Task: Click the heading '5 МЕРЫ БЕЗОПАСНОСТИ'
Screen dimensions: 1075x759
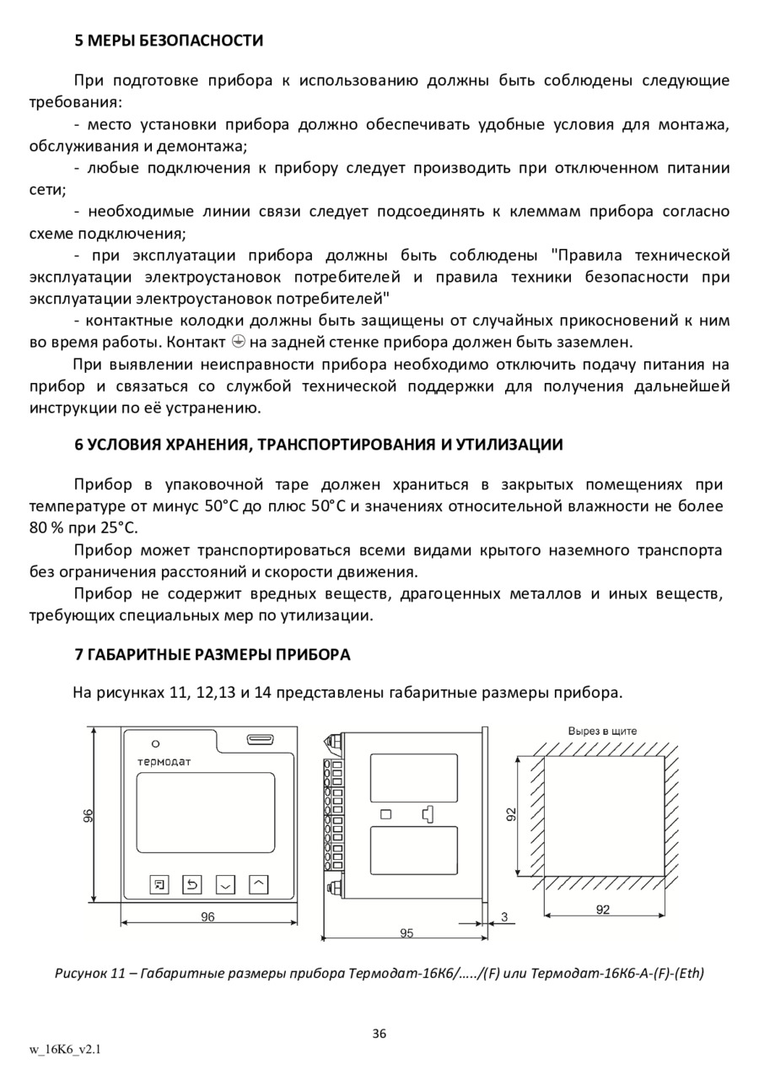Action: click(x=169, y=41)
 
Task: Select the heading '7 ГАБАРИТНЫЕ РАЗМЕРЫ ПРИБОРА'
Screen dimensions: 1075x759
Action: click(x=212, y=655)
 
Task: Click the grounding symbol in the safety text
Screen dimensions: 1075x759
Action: click(x=238, y=343)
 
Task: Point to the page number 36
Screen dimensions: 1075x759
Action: click(x=379, y=1034)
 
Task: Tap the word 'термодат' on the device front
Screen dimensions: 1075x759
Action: click(x=164, y=761)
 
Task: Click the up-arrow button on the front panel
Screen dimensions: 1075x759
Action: click(x=259, y=884)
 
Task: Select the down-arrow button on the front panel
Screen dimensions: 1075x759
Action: click(x=225, y=884)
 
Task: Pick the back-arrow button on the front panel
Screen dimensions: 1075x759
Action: click(x=192, y=884)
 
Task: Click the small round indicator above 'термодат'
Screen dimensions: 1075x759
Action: click(x=156, y=743)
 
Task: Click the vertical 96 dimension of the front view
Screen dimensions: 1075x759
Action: click(x=89, y=814)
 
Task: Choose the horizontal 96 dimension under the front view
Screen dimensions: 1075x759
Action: click(x=207, y=917)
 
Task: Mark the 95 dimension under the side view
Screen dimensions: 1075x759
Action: click(x=406, y=932)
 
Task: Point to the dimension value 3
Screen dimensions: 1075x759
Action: click(x=503, y=916)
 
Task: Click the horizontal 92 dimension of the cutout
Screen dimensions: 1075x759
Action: click(x=603, y=910)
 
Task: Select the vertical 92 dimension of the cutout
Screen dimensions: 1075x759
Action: click(x=511, y=814)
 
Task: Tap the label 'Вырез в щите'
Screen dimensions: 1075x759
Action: click(x=602, y=731)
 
